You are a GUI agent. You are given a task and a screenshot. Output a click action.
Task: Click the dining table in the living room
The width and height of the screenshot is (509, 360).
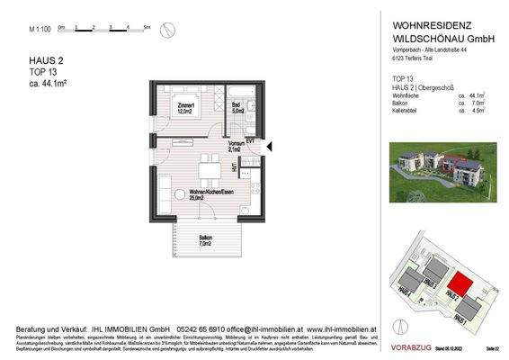(209, 172)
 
